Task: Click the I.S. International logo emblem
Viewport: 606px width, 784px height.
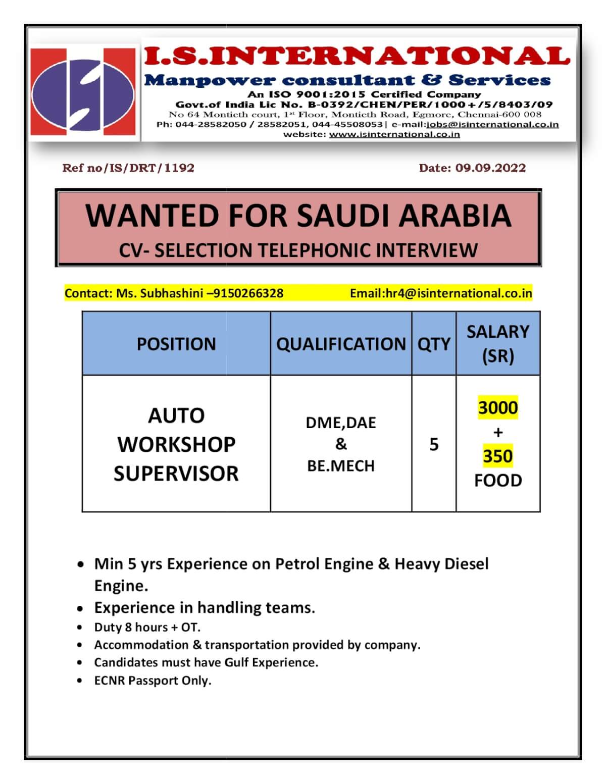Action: [x=84, y=91]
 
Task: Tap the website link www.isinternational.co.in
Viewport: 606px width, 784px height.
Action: [x=394, y=134]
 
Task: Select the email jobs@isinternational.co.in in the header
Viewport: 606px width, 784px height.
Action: [x=492, y=124]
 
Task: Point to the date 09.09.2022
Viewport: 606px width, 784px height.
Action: [x=490, y=168]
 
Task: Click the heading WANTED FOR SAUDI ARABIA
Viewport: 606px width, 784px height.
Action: [x=298, y=216]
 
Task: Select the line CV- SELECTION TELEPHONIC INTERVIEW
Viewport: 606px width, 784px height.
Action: [x=298, y=250]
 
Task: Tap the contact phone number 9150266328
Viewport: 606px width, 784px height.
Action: [x=248, y=293]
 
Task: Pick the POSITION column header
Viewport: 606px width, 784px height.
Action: [x=176, y=344]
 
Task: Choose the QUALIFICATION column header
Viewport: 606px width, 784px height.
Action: [x=341, y=344]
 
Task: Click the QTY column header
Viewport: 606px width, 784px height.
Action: [x=434, y=344]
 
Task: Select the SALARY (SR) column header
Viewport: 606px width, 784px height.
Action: [x=498, y=343]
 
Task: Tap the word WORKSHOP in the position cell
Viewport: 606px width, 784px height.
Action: [x=176, y=444]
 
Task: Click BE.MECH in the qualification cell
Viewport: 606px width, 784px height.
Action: [x=341, y=465]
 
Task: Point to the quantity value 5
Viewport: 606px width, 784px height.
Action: [x=434, y=444]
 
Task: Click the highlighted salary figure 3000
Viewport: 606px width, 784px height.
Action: [x=498, y=407]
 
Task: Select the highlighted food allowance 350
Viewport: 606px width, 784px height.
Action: [x=498, y=456]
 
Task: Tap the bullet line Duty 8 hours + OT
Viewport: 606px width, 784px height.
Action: [x=147, y=627]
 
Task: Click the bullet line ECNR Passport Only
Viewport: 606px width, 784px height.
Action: [x=153, y=681]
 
